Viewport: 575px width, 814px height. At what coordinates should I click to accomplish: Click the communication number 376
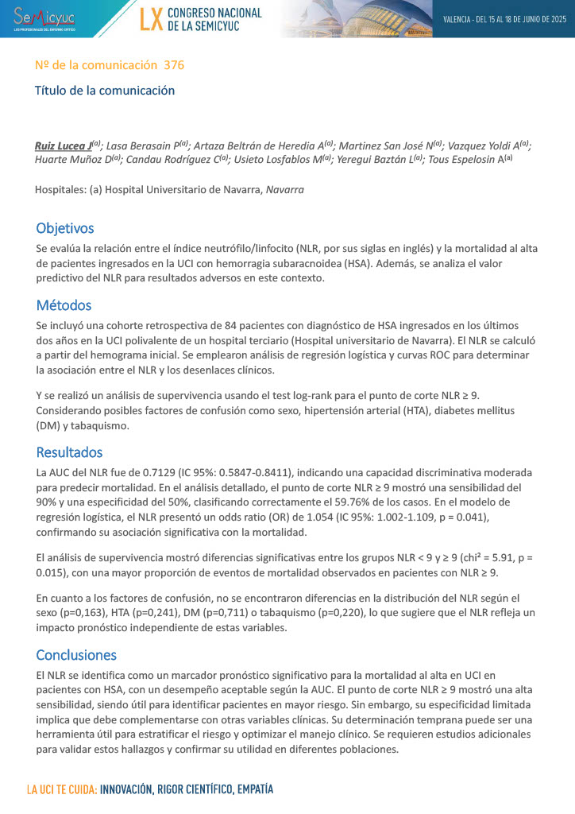tap(174, 65)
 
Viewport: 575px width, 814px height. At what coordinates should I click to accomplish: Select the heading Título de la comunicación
tap(105, 91)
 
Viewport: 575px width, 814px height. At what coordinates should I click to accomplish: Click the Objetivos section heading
tap(65, 229)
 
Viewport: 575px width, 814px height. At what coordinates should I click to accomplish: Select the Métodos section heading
tap(64, 305)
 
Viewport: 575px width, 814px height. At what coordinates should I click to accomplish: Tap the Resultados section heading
tap(69, 452)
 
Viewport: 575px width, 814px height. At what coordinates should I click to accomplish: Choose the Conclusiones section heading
tap(76, 655)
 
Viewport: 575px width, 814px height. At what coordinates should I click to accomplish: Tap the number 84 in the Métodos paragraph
tap(241, 326)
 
